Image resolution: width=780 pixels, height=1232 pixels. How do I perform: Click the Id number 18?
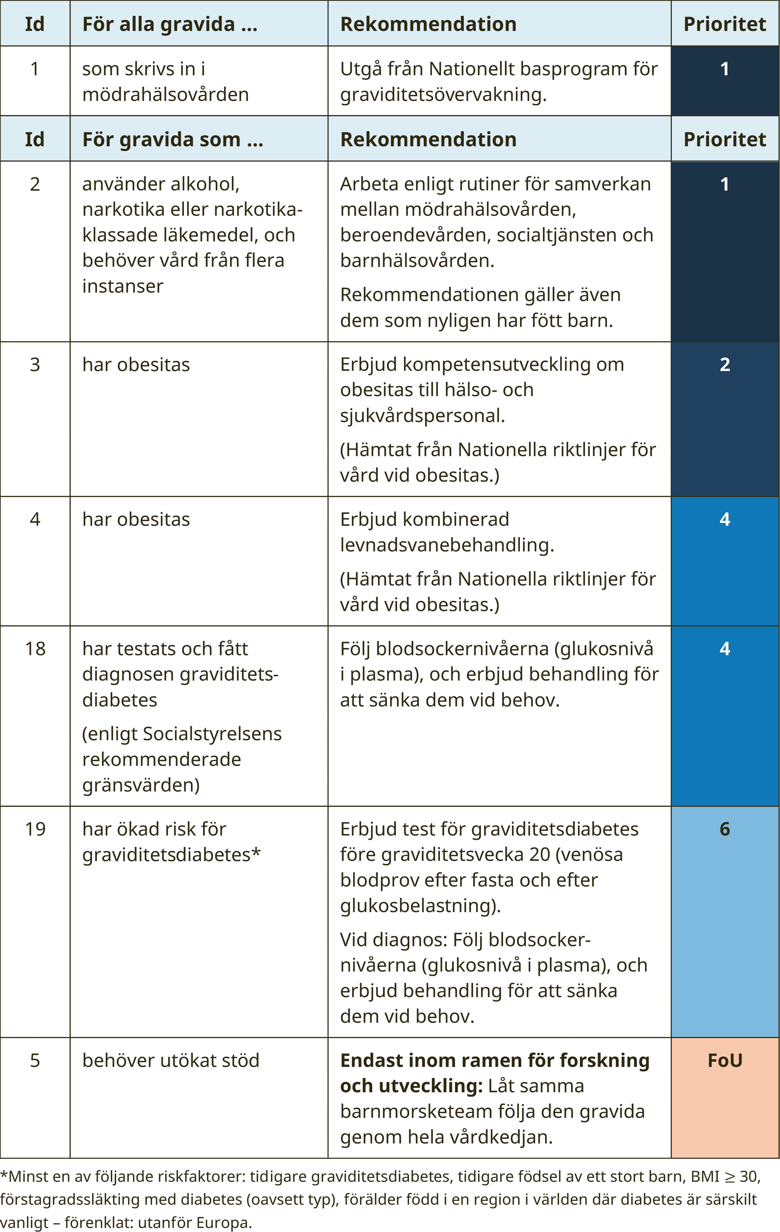[x=35, y=649]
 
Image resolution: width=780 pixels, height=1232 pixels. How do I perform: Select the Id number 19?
[x=35, y=829]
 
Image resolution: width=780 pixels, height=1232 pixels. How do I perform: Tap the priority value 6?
[x=725, y=829]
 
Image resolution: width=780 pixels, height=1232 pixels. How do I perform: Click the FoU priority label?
[x=725, y=1060]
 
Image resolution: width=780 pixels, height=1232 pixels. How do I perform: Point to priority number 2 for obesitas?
[x=725, y=364]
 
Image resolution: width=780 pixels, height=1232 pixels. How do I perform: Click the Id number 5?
[x=35, y=1060]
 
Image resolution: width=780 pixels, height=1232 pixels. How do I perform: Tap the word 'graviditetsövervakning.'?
[x=443, y=95]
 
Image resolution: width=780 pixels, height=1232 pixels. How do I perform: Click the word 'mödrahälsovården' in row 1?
[x=165, y=95]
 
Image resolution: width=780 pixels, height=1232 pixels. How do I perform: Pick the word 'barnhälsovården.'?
[x=417, y=260]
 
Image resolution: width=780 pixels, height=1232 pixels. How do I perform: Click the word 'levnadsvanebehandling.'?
[x=447, y=545]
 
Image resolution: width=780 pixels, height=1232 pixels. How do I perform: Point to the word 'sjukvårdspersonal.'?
[x=422, y=415]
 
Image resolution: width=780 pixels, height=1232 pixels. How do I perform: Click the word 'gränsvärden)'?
[x=141, y=785]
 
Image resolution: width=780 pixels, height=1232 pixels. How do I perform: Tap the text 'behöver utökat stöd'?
[x=170, y=1060]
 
